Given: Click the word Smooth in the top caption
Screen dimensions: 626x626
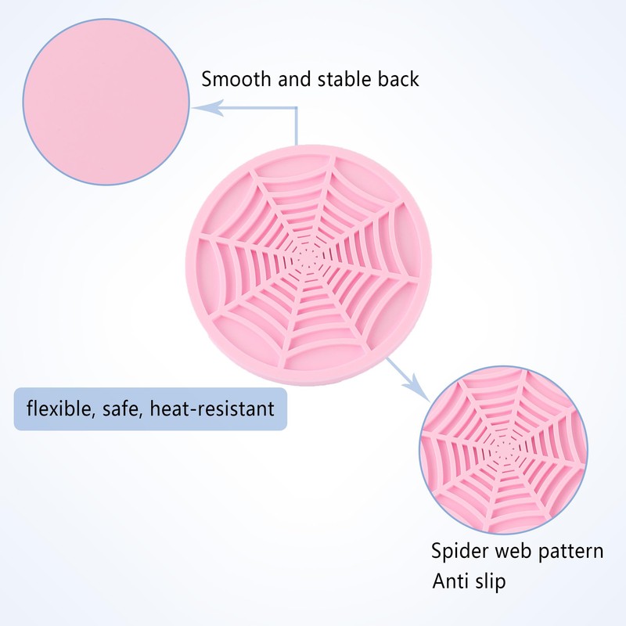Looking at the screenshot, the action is click(x=236, y=79).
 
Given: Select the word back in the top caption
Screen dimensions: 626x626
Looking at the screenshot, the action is click(x=398, y=79).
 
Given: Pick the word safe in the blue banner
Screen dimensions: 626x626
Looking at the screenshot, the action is click(x=122, y=409).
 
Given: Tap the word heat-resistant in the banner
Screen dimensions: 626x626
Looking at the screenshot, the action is click(x=212, y=408).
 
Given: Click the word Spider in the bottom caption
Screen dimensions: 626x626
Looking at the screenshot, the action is click(x=459, y=552).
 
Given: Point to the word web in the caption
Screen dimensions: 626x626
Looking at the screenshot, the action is click(x=514, y=551).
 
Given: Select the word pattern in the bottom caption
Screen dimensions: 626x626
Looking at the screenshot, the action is click(x=571, y=552).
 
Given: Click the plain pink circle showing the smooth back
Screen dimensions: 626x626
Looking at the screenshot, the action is click(x=106, y=102).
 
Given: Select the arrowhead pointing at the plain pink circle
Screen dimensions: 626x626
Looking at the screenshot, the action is click(x=207, y=108).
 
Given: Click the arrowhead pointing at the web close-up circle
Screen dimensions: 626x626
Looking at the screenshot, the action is click(x=418, y=388).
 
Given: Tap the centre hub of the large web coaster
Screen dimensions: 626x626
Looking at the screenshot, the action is click(x=308, y=261).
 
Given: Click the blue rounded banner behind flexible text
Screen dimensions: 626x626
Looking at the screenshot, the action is click(x=150, y=408).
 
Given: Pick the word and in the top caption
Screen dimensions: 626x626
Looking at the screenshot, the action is click(x=294, y=79).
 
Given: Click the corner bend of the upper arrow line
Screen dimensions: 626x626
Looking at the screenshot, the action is click(x=297, y=108).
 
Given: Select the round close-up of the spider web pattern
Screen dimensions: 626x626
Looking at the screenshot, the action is click(x=503, y=450).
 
